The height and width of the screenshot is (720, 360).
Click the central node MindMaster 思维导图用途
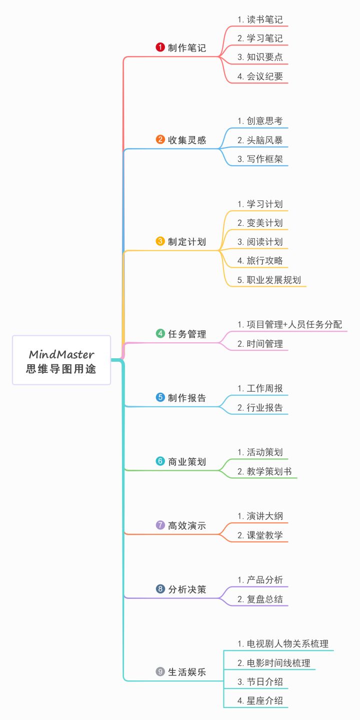point(61,361)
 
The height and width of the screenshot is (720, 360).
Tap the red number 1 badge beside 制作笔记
point(160,48)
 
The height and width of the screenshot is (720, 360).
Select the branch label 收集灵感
point(187,140)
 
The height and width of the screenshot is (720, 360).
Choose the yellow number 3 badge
point(160,241)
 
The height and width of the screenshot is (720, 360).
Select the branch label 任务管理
point(187,334)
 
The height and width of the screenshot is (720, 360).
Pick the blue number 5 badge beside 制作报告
point(160,398)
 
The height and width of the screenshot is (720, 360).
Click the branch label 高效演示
point(187,525)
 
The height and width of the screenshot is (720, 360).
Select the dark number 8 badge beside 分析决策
point(160,589)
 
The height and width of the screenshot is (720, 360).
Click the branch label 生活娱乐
point(187,672)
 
